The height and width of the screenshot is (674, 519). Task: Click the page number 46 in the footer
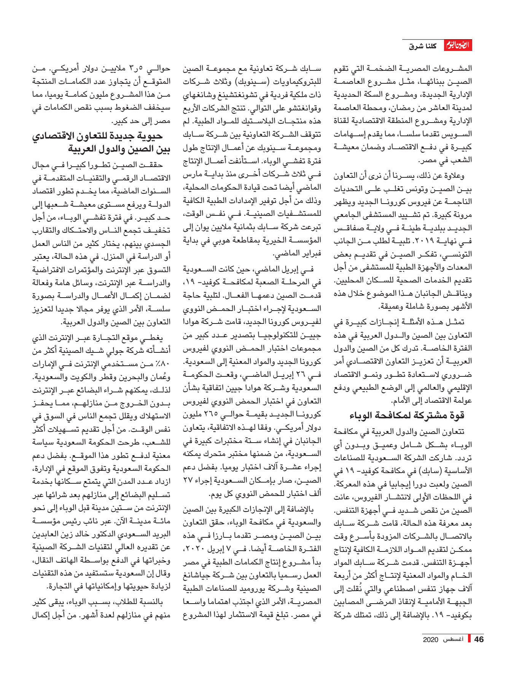point(479,639)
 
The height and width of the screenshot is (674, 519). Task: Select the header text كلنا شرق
point(423,46)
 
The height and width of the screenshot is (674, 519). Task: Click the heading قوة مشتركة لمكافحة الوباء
point(407,415)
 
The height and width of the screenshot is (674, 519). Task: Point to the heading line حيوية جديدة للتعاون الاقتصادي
point(97,136)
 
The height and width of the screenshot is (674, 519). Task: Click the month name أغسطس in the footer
point(454,639)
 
